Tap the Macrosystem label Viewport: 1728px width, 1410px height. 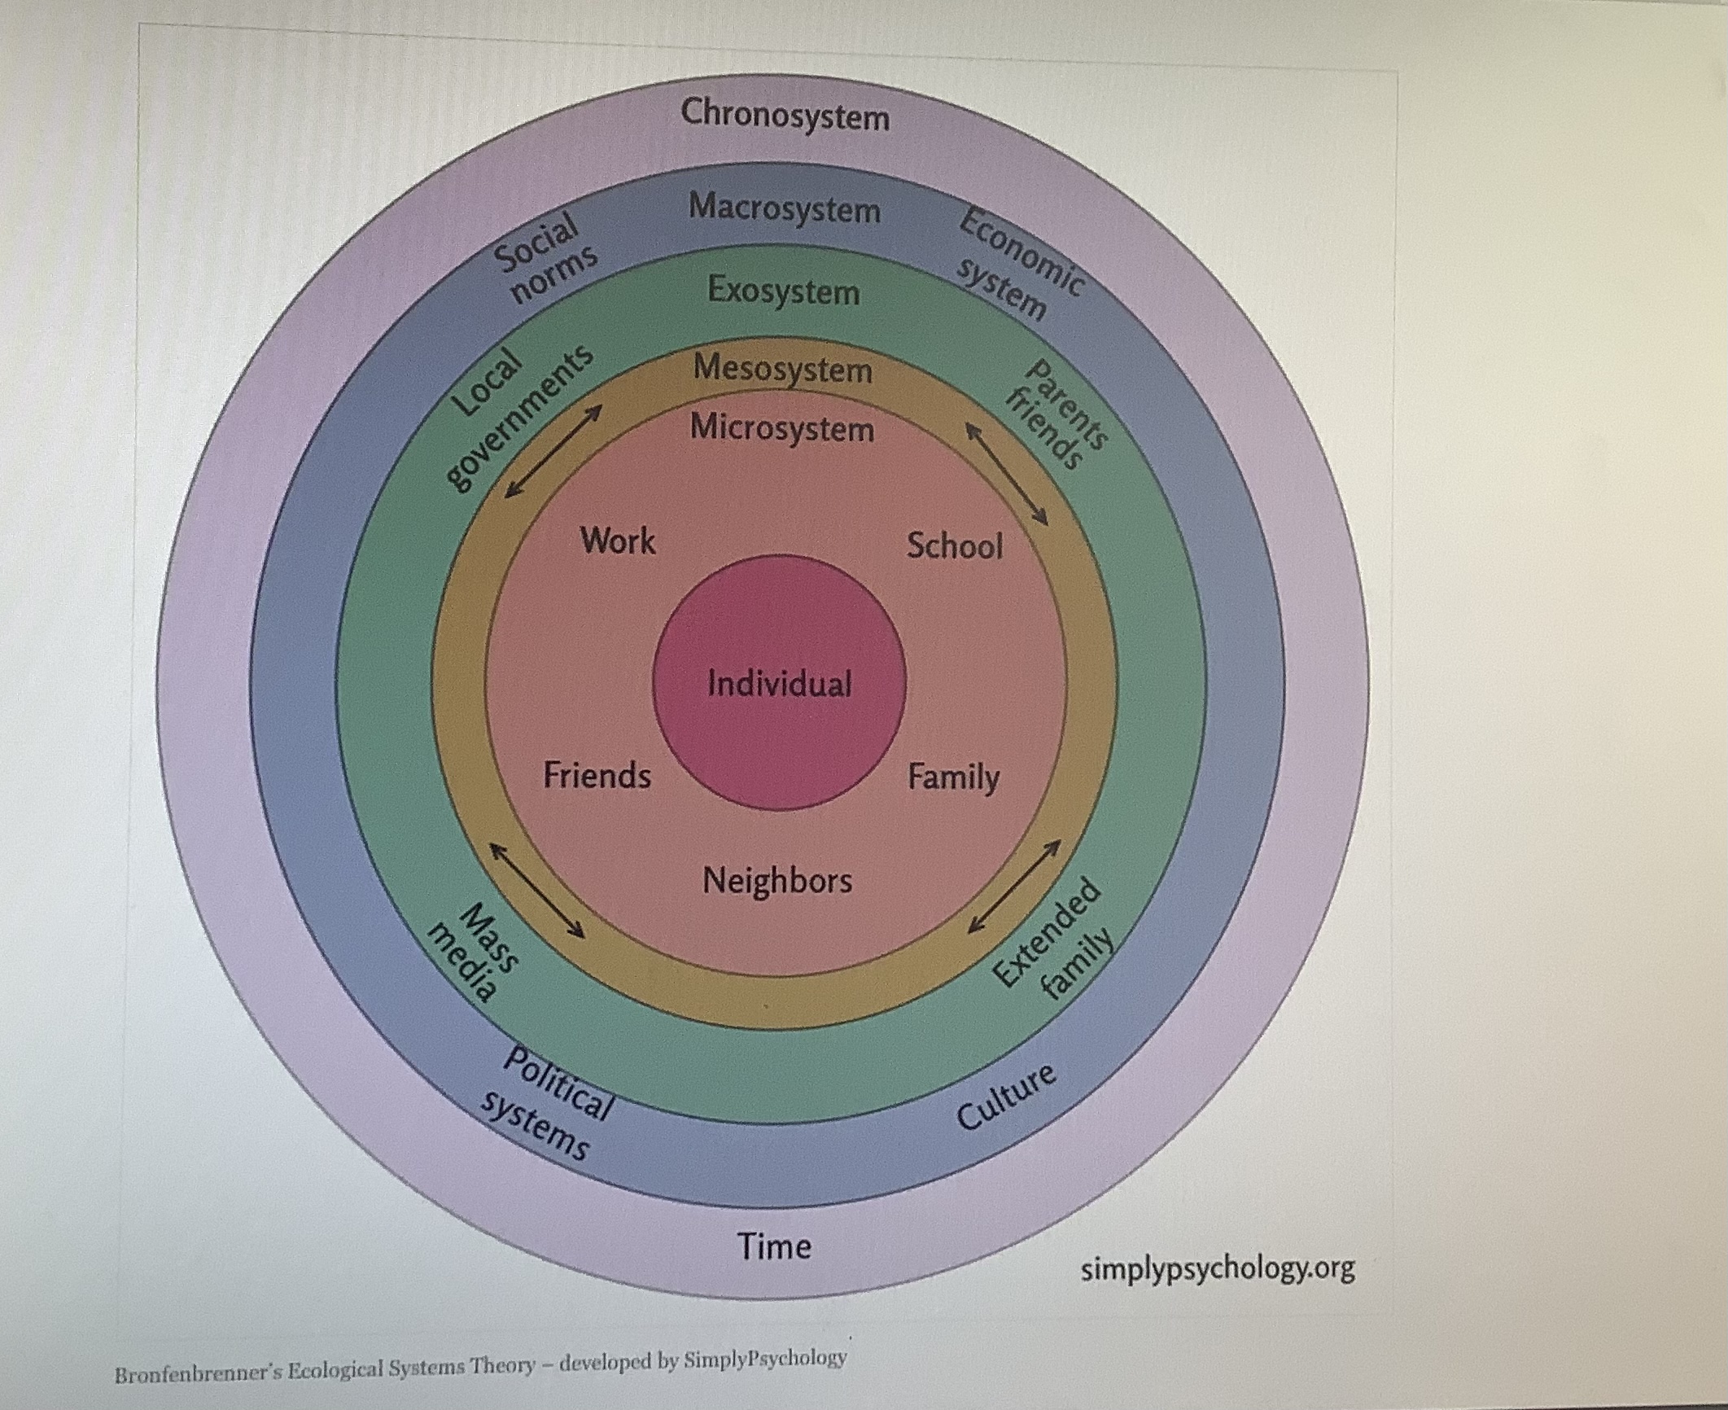click(785, 209)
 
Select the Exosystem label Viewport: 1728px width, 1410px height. click(784, 291)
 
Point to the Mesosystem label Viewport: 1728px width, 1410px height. click(783, 369)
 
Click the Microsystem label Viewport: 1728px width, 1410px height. click(782, 428)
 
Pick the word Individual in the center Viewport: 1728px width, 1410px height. click(780, 684)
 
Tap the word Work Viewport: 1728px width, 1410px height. click(618, 541)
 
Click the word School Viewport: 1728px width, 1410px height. click(955, 545)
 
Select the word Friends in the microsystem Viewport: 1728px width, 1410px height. click(597, 775)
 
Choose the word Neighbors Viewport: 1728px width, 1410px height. click(777, 881)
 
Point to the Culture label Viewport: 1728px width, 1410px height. click(1006, 1097)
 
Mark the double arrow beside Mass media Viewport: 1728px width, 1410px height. click(537, 891)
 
